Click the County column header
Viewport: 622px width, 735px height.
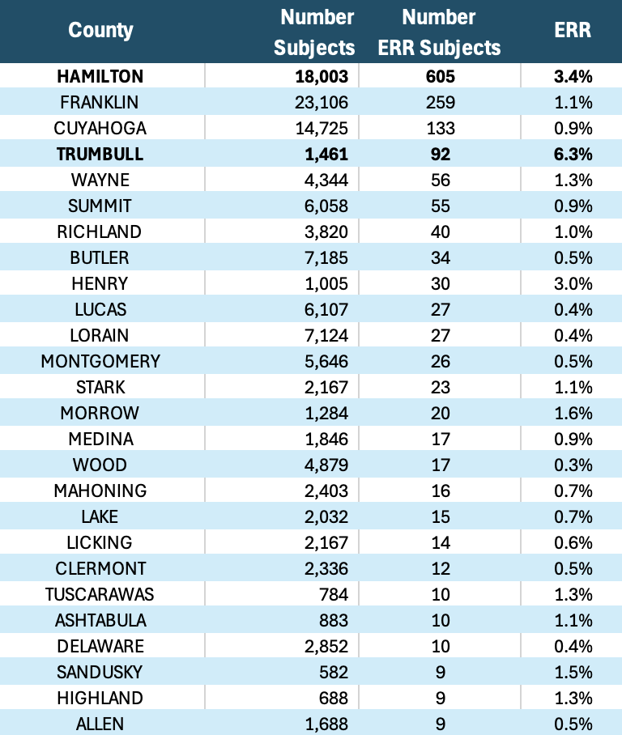click(x=100, y=31)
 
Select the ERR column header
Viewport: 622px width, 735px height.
click(x=573, y=31)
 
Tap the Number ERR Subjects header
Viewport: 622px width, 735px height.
click(x=439, y=32)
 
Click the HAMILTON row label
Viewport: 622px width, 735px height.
click(x=100, y=76)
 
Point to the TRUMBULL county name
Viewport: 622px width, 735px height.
click(x=100, y=154)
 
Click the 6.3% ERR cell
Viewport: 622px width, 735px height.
click(x=573, y=154)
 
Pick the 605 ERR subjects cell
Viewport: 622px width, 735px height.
click(x=439, y=76)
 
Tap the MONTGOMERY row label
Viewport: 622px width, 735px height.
click(x=100, y=361)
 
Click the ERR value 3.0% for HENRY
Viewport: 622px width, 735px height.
click(x=573, y=283)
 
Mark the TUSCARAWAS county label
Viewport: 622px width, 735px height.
click(x=100, y=594)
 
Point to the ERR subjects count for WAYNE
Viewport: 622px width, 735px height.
click(x=439, y=180)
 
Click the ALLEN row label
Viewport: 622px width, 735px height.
click(x=100, y=724)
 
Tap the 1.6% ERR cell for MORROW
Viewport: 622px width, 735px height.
click(x=573, y=413)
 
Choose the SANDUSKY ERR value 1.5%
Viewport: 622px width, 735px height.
click(x=573, y=672)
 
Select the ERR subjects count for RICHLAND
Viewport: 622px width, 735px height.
click(x=439, y=232)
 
